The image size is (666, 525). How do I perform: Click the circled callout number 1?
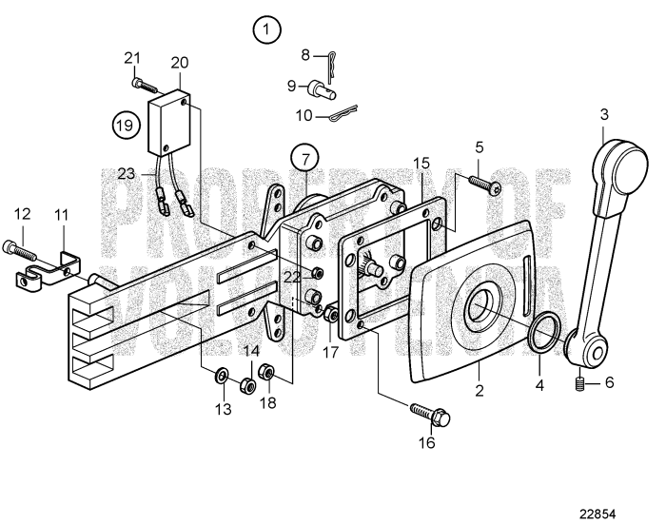click(267, 29)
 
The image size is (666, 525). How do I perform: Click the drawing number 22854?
click(617, 508)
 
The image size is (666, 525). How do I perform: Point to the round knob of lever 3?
click(619, 172)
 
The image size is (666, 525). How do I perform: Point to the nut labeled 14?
click(245, 383)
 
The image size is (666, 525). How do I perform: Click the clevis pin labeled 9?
click(318, 90)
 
